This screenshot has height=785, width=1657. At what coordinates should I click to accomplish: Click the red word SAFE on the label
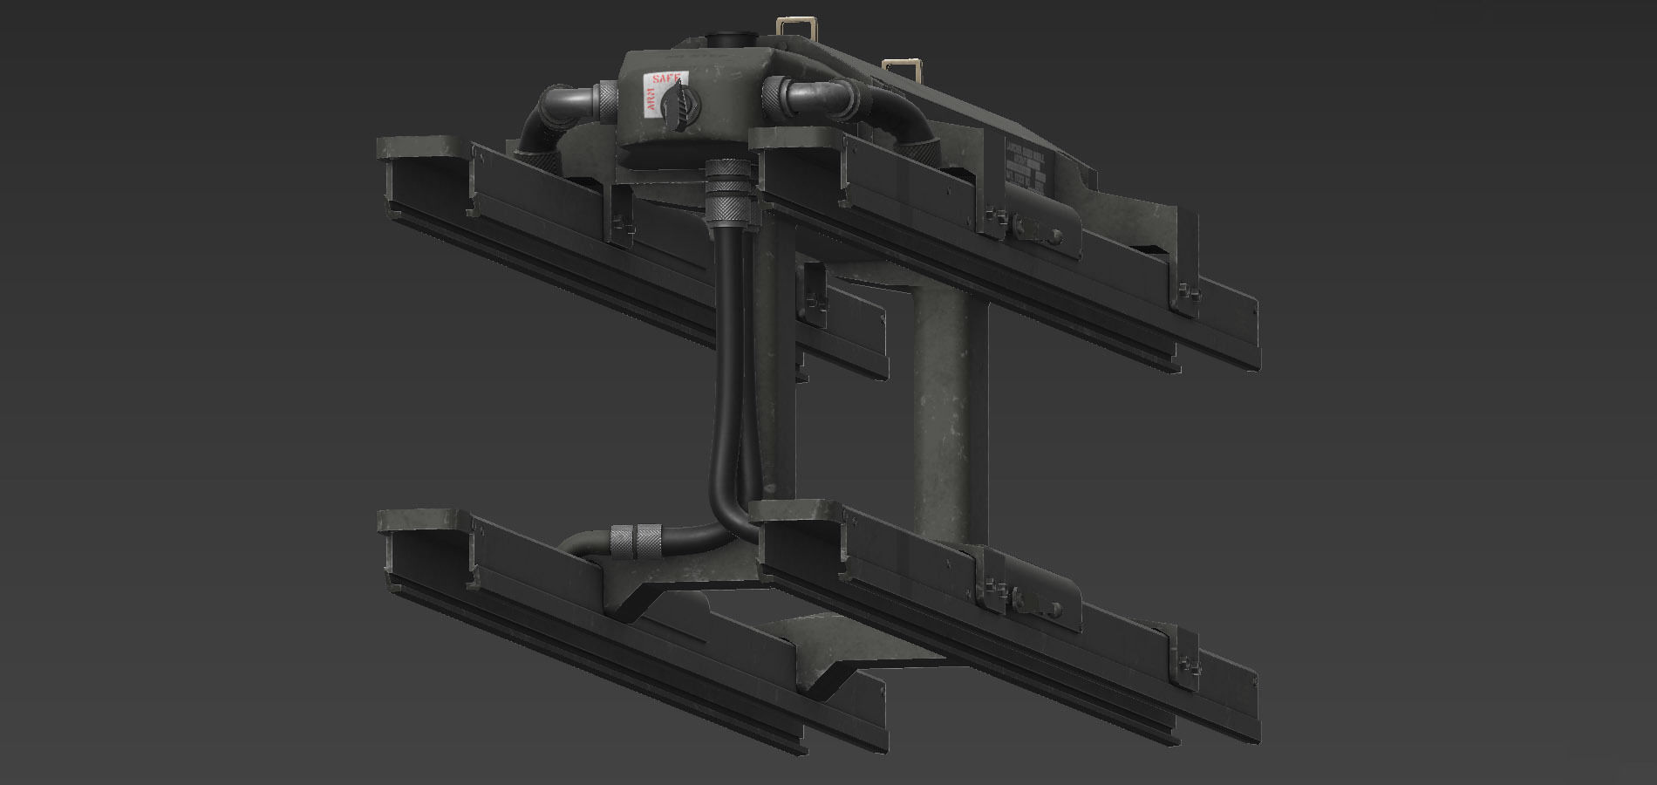(665, 78)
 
